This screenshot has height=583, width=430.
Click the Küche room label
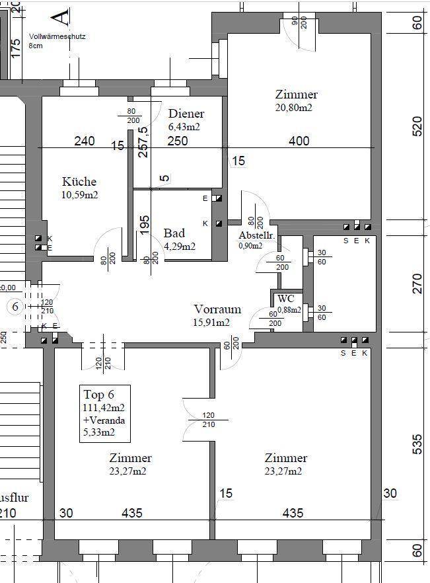click(x=79, y=182)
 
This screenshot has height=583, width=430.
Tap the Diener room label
click(x=186, y=114)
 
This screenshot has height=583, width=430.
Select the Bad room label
click(x=174, y=233)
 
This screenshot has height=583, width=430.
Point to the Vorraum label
click(x=217, y=309)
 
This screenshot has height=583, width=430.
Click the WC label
click(x=285, y=299)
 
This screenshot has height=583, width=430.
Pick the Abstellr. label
click(x=257, y=236)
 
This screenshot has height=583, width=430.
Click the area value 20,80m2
click(x=294, y=108)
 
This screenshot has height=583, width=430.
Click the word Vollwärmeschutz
click(x=57, y=38)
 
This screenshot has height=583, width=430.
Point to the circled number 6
click(x=15, y=307)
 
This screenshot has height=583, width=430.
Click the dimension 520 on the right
click(x=416, y=126)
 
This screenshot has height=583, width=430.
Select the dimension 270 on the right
click(x=416, y=284)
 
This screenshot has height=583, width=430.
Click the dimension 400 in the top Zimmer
click(x=299, y=141)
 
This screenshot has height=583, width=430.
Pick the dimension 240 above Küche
click(x=85, y=141)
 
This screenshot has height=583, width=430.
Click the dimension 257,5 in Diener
click(x=143, y=141)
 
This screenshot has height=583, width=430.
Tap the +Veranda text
click(x=104, y=420)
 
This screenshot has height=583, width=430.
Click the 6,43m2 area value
click(x=184, y=126)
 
